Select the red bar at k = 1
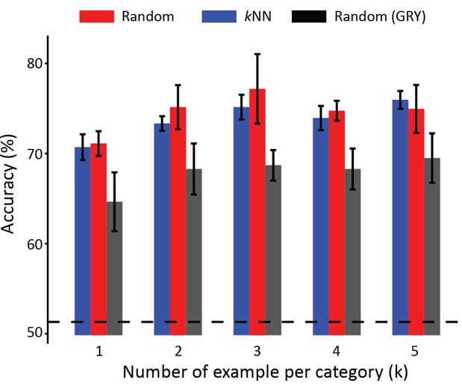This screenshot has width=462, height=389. (x=99, y=238)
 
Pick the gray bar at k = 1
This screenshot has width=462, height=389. (x=114, y=268)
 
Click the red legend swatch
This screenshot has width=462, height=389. (x=96, y=16)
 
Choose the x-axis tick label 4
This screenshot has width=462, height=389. (x=337, y=350)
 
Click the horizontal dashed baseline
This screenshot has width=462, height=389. (x=254, y=322)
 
